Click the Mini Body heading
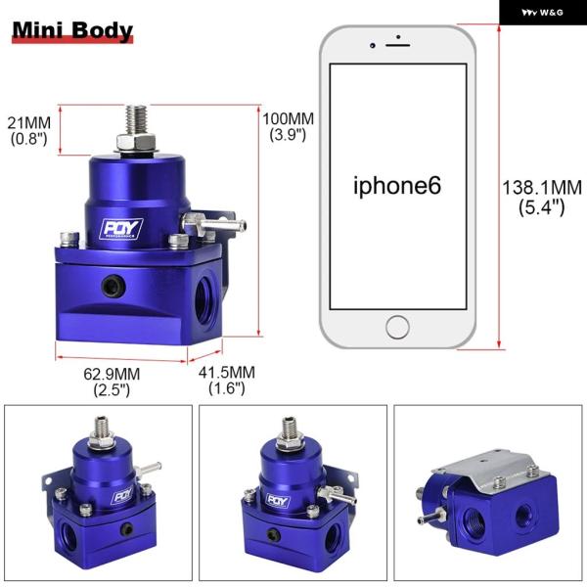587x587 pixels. (x=72, y=30)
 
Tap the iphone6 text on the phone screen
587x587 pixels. (x=397, y=186)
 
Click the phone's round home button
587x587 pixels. (x=397, y=327)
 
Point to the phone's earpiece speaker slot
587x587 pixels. (x=397, y=45)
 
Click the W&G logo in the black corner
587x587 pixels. (x=542, y=13)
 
